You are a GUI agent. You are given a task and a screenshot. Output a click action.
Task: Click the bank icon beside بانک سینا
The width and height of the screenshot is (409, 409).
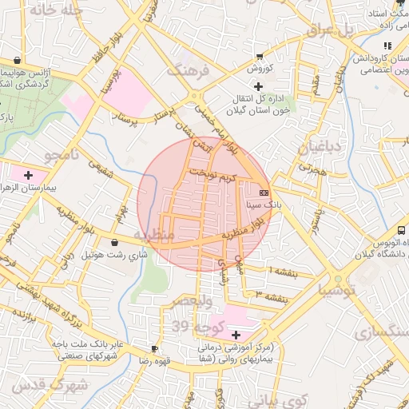pos(264,193)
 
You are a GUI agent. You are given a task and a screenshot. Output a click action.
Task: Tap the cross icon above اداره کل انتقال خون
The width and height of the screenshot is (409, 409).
pos(257,86)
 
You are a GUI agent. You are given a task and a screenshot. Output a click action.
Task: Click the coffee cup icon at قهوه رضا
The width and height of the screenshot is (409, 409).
pos(154,349)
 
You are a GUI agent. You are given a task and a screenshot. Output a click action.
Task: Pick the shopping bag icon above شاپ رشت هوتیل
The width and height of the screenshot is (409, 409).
pos(116,242)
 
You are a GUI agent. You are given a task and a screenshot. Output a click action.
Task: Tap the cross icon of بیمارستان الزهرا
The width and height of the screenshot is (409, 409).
pos(29,174)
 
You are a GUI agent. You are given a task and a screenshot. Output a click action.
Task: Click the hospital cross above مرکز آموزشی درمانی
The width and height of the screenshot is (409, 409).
pos(235,333)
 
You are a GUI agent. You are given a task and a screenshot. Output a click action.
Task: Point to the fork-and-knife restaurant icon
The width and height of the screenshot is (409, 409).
pos(387,46)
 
